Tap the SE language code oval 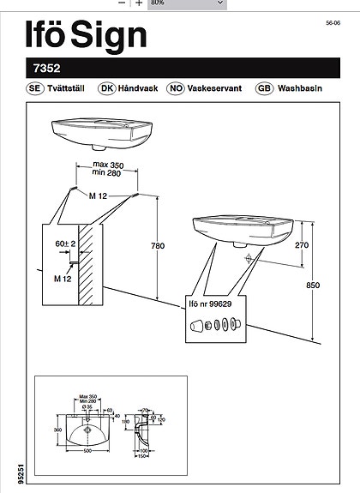point(35,88)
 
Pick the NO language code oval point(176,88)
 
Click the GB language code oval point(265,88)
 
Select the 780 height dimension point(157,247)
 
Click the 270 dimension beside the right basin point(302,245)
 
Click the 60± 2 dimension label point(63,244)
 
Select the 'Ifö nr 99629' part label point(209,304)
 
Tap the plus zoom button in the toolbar point(139,3)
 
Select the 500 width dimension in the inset point(87,449)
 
